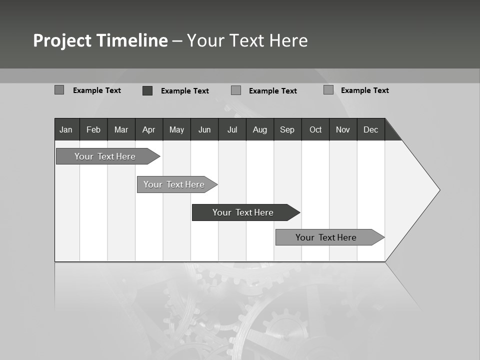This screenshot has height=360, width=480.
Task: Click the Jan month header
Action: click(x=66, y=129)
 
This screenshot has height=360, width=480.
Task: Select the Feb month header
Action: click(x=93, y=129)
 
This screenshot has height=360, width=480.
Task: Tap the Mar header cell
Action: click(x=121, y=129)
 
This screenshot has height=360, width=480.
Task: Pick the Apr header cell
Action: click(x=149, y=129)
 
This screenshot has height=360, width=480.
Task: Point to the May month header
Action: click(x=176, y=129)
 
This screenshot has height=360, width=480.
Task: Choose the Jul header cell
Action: click(x=232, y=129)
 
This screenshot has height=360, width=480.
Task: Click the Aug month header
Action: click(x=260, y=129)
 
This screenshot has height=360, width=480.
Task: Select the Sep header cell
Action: click(x=287, y=129)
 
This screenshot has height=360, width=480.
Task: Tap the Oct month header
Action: click(x=315, y=129)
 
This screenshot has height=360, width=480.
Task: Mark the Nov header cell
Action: click(x=343, y=129)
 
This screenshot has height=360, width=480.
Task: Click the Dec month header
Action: click(x=371, y=129)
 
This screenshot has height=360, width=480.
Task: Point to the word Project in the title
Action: click(x=63, y=40)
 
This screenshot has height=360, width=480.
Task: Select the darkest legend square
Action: click(x=147, y=90)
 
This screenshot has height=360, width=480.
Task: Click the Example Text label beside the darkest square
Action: click(x=185, y=91)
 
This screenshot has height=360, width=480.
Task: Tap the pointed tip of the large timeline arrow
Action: click(x=438, y=190)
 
